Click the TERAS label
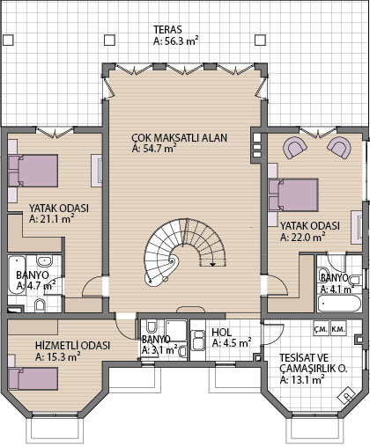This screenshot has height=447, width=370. pyautogui.click(x=167, y=30)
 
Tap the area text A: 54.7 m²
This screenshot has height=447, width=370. pyautogui.click(x=154, y=149)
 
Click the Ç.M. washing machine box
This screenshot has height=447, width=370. pyautogui.click(x=322, y=329)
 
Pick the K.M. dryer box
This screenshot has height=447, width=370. pyautogui.click(x=338, y=329)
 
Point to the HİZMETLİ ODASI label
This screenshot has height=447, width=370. pyautogui.click(x=72, y=345)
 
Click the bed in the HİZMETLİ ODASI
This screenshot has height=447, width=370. pyautogui.click(x=33, y=378)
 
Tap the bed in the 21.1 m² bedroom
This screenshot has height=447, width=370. pyautogui.click(x=33, y=171)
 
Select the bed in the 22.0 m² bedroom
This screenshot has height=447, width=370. pyautogui.click(x=293, y=194)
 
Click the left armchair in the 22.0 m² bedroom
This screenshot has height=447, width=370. pyautogui.click(x=294, y=147)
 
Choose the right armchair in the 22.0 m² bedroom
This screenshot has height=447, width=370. pyautogui.click(x=339, y=147)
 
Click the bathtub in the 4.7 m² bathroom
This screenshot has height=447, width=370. pyautogui.click(x=17, y=275)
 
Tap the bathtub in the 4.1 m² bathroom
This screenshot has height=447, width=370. pyautogui.click(x=339, y=304)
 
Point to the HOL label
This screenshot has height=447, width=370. pyautogui.click(x=222, y=333)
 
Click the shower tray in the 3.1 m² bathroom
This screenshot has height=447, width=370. pyautogui.click(x=176, y=331)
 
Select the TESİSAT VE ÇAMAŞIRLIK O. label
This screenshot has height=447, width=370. pyautogui.click(x=314, y=363)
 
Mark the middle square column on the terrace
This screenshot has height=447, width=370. pyautogui.click(x=109, y=40)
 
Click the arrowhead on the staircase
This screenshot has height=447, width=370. pyautogui.click(x=212, y=264)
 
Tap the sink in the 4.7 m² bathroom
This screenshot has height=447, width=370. pyautogui.click(x=44, y=260)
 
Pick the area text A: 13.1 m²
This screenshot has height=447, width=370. pyautogui.click(x=302, y=380)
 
